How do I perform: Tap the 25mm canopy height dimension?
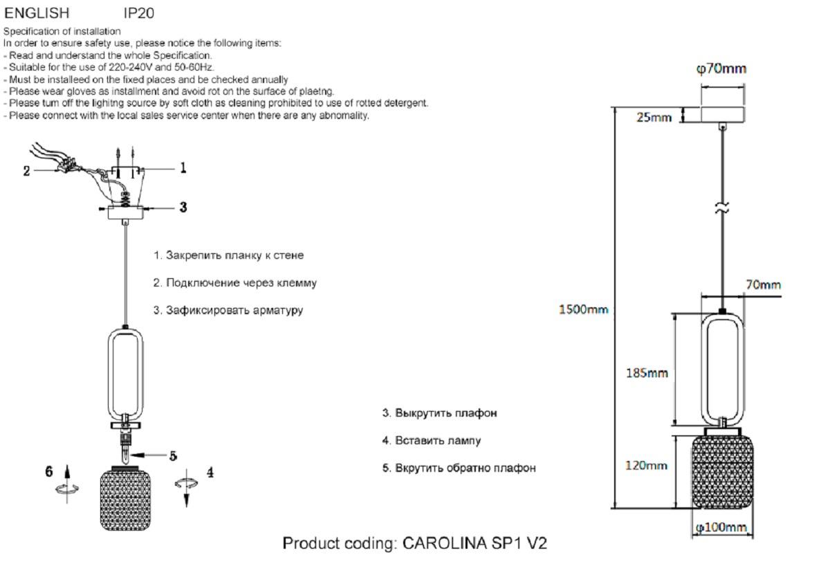click(654, 117)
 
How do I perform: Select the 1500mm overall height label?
click(583, 309)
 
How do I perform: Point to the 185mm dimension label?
click(647, 373)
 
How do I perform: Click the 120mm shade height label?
click(646, 465)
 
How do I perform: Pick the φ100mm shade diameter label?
click(721, 528)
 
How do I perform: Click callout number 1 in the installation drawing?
click(183, 167)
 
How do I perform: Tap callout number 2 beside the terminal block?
click(27, 170)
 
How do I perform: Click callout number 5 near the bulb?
click(174, 455)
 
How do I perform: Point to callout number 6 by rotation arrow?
click(49, 471)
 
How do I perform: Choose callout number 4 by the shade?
click(210, 473)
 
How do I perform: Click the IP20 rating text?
click(138, 13)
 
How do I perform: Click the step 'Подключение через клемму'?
click(235, 283)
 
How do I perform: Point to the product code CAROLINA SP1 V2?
click(415, 543)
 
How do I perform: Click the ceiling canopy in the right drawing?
click(723, 114)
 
